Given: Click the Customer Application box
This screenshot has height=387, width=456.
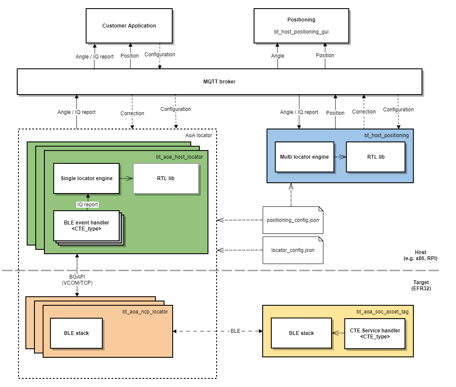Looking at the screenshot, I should [x=129, y=26].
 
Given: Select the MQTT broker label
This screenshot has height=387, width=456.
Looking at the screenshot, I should [x=219, y=81].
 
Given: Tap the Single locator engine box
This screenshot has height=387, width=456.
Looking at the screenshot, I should [x=86, y=178].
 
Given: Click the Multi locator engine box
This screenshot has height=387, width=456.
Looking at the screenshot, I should [x=304, y=157].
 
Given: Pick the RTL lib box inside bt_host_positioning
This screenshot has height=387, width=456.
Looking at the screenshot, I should [x=375, y=157].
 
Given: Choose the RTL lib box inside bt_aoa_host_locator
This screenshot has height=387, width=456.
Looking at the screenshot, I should [x=166, y=178].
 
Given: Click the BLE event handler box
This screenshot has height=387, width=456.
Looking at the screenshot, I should [x=86, y=226].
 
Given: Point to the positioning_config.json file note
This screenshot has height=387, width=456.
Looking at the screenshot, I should [x=292, y=220].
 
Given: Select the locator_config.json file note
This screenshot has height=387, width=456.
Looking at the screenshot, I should [x=292, y=250].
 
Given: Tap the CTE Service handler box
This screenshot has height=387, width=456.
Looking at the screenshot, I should [x=374, y=333].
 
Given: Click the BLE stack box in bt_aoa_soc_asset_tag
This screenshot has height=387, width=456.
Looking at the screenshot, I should [x=301, y=333].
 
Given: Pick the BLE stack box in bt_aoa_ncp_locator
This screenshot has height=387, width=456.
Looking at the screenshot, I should [x=76, y=333].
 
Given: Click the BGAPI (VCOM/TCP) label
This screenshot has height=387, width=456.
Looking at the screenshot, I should [x=77, y=280].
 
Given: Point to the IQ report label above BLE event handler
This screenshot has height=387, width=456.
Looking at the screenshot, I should [x=87, y=205].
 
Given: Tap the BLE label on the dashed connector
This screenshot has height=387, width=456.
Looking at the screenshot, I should [x=235, y=331].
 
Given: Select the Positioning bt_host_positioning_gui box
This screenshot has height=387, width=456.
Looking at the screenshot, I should [x=301, y=26].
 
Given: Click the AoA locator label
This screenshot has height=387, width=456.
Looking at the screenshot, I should [x=199, y=135].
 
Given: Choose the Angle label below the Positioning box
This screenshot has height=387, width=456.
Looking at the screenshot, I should [x=278, y=55].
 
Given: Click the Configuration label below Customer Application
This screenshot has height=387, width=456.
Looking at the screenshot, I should [x=160, y=55].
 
